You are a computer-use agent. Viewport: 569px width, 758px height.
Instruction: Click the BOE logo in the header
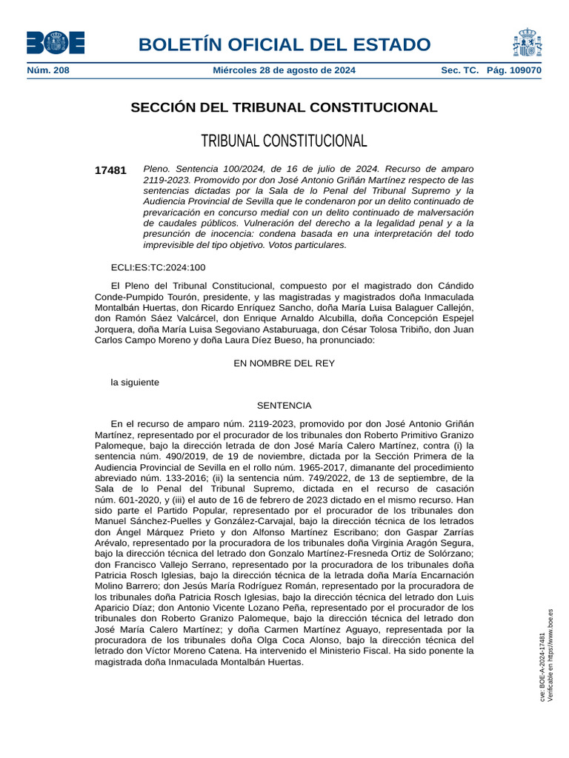(x=56, y=42)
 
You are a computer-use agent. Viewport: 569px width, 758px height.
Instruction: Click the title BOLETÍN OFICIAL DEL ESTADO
(x=284, y=44)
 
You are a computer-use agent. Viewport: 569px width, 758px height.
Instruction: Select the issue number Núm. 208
(x=47, y=70)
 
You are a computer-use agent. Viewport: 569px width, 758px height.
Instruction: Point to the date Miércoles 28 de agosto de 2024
(x=284, y=70)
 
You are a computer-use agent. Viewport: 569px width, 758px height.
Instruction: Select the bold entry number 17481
(x=110, y=170)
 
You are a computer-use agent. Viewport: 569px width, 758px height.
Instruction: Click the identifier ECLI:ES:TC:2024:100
(x=158, y=267)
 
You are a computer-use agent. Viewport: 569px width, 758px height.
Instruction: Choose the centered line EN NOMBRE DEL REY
(x=284, y=363)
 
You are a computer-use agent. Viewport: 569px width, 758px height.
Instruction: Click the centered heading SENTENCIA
(x=284, y=406)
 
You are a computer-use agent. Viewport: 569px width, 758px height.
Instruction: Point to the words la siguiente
(x=135, y=383)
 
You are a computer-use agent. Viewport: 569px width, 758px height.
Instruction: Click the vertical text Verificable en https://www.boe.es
(x=550, y=655)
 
